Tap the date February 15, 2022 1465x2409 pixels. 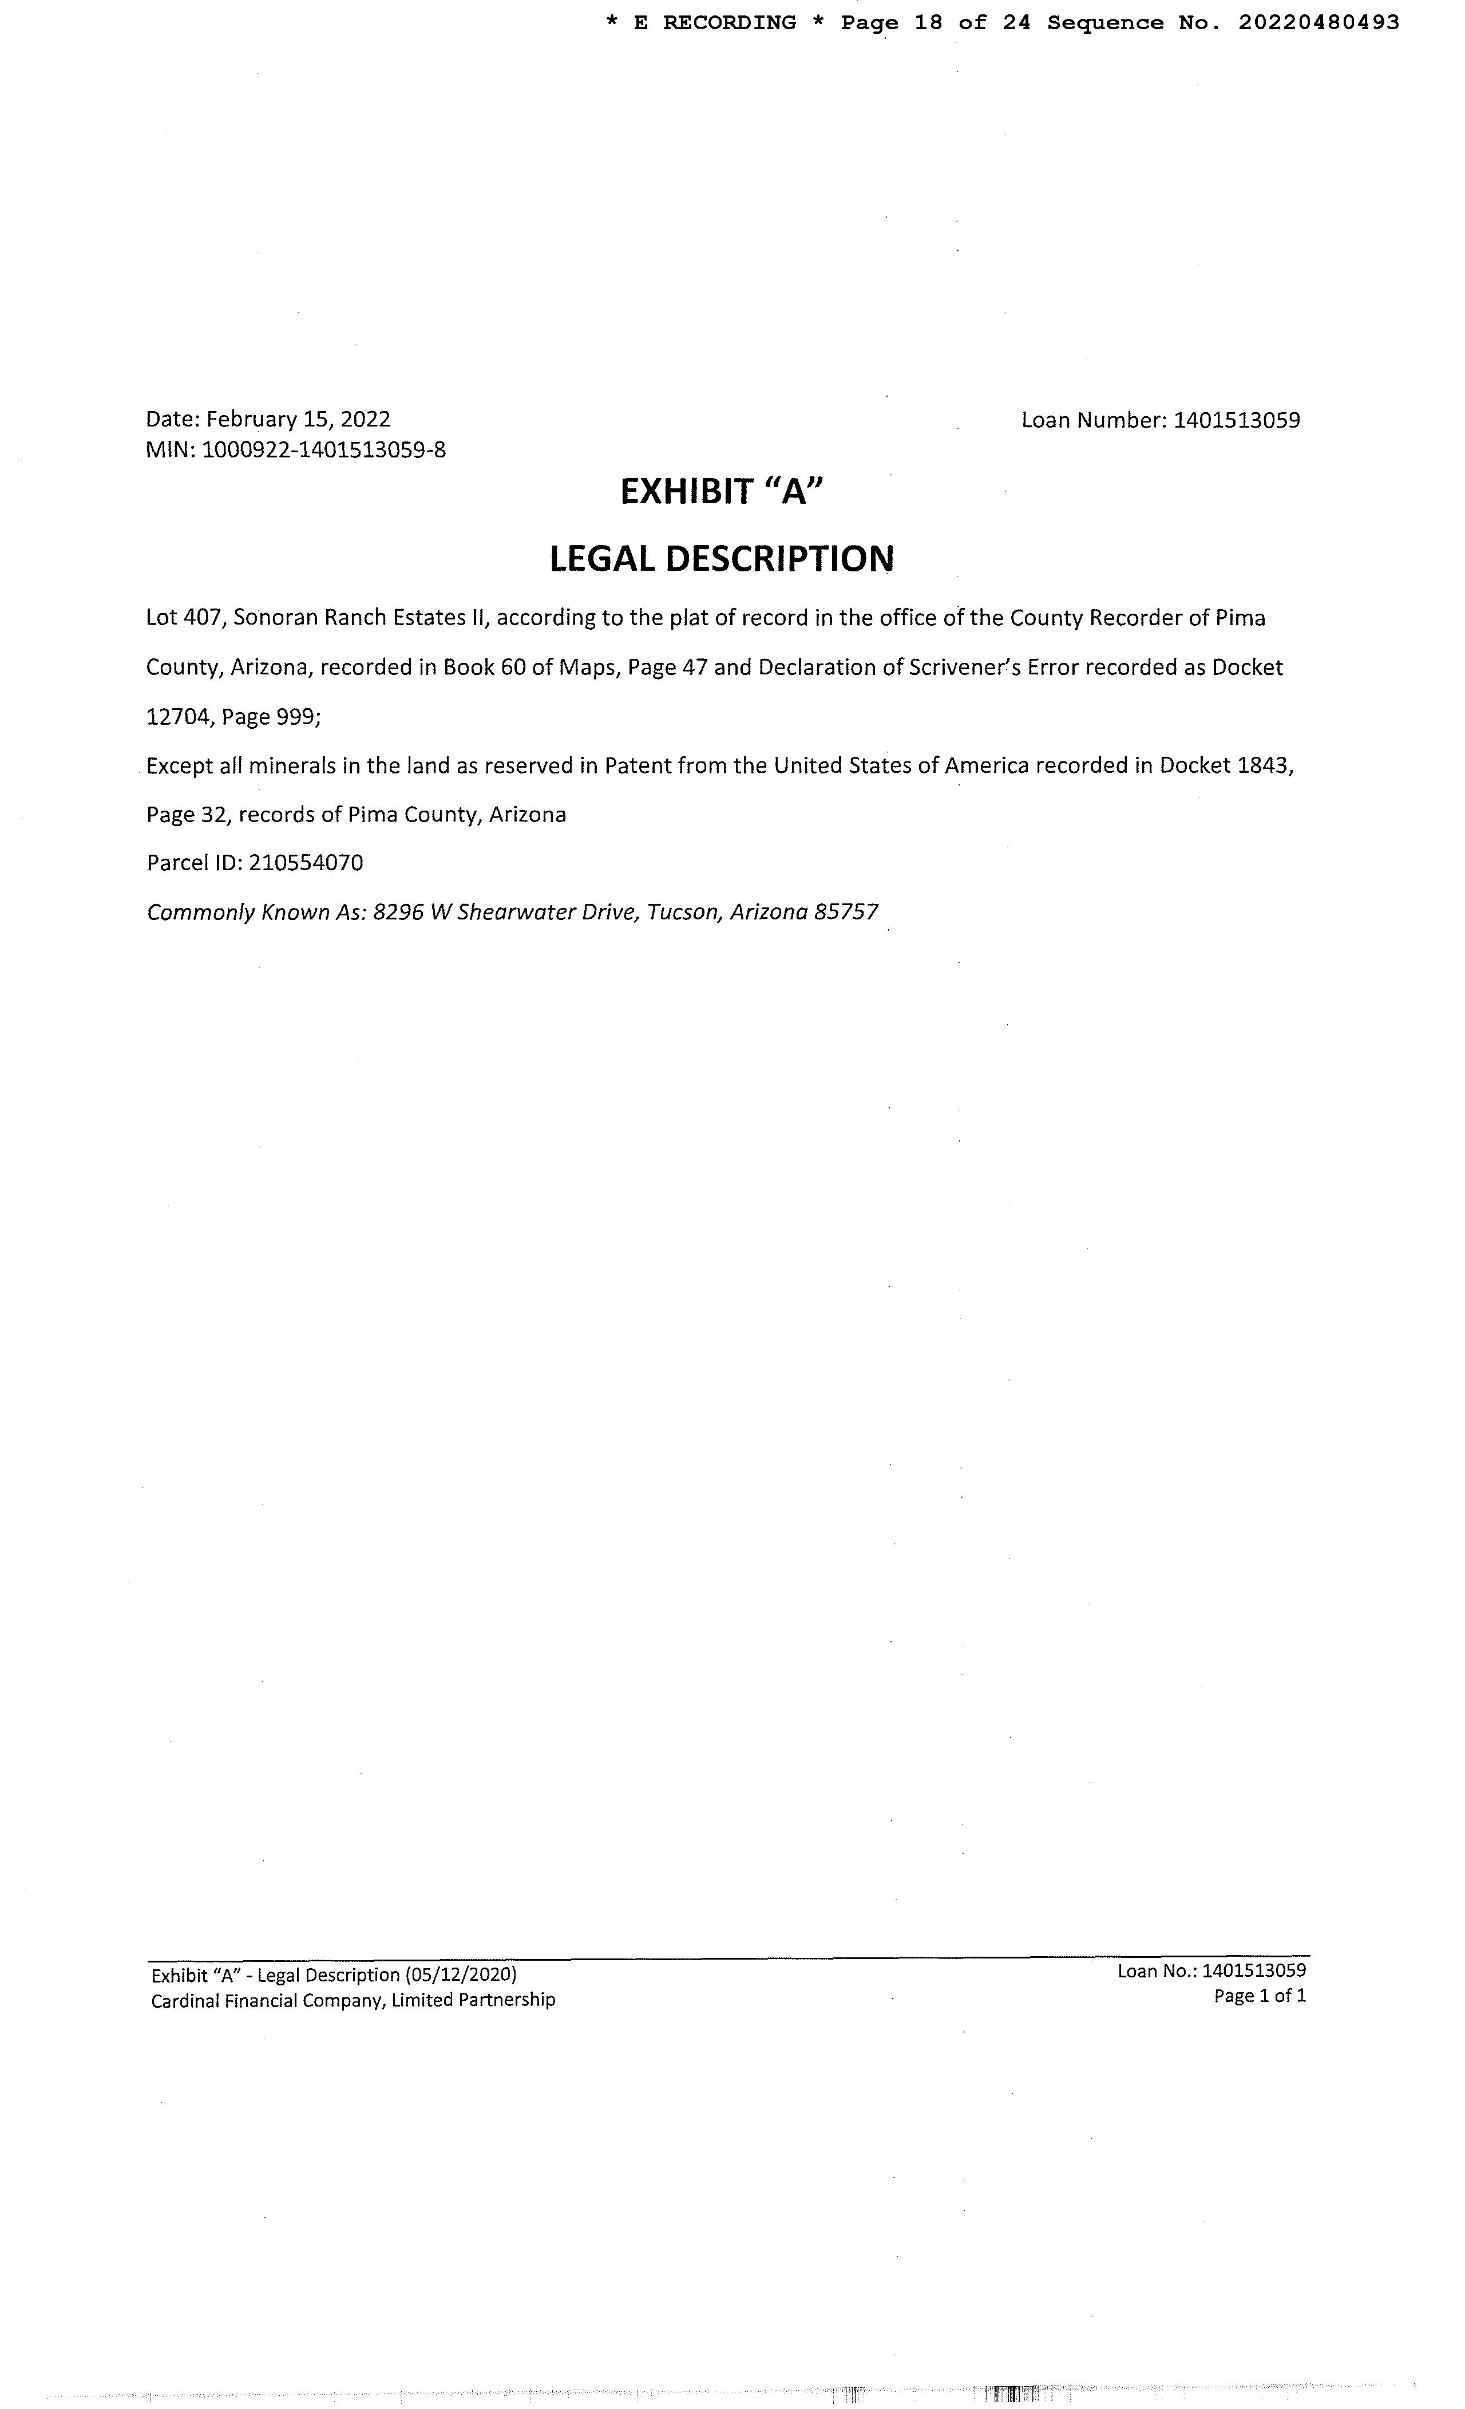coord(298,420)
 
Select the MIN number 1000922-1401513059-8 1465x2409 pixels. coord(323,451)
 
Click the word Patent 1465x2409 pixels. coord(637,765)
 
